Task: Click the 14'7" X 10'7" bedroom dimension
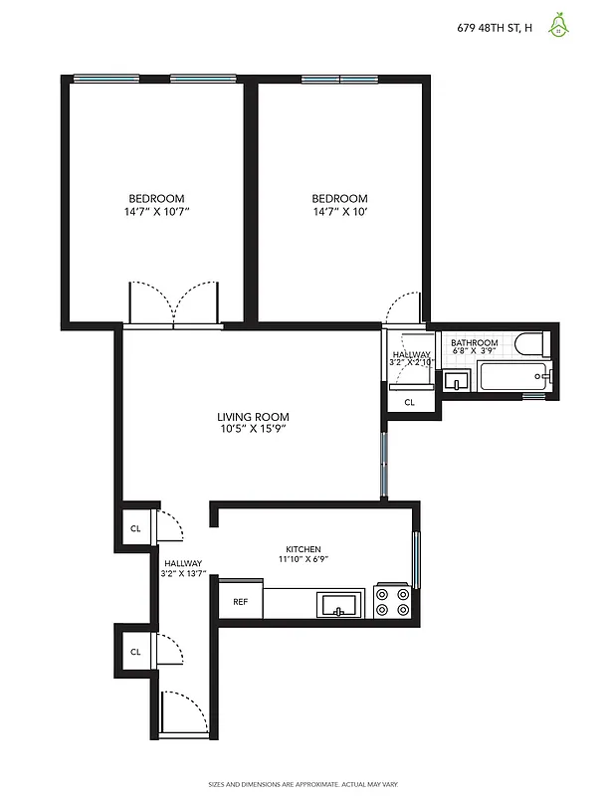click(156, 212)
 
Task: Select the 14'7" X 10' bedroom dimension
click(339, 212)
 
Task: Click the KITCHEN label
click(303, 550)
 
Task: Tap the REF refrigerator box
click(241, 601)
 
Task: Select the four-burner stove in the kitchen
click(391, 601)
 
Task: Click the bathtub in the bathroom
click(511, 377)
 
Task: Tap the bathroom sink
click(457, 380)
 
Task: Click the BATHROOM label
click(474, 342)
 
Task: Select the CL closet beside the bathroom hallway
click(409, 403)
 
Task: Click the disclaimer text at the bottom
click(303, 783)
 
